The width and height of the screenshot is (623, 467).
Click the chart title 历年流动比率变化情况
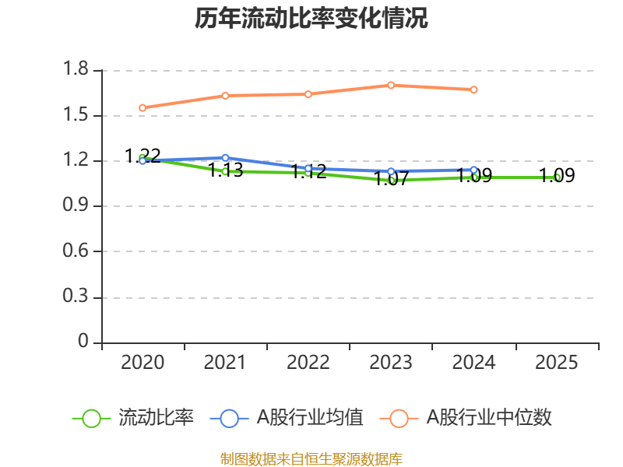[x=311, y=19]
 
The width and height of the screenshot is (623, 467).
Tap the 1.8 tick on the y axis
[x=76, y=70]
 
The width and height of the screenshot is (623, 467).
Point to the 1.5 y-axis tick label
[x=76, y=116]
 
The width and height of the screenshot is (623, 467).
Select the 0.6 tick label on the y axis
[x=76, y=252]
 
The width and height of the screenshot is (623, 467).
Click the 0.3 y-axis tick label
[x=76, y=297]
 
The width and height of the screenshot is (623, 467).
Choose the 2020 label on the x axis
[x=143, y=363]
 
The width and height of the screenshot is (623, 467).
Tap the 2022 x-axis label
[x=308, y=363]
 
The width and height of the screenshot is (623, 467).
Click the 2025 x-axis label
[x=557, y=363]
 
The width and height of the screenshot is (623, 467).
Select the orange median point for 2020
[x=143, y=107]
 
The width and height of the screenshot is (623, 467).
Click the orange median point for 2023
[x=391, y=85]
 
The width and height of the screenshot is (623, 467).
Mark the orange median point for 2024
[x=473, y=90]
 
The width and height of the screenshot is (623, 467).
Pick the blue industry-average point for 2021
[x=226, y=158]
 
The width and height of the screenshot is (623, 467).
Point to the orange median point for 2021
[x=226, y=96]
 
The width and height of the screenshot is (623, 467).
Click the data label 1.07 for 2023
[x=391, y=180]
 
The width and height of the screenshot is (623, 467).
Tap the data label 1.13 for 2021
[x=226, y=170]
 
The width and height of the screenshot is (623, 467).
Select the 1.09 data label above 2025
[x=557, y=176]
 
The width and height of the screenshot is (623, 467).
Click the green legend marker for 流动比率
[x=91, y=418]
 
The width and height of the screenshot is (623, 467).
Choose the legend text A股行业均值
[x=310, y=418]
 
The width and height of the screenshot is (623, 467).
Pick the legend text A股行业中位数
[x=488, y=418]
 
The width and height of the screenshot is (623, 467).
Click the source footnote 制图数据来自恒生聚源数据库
[x=311, y=458]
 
